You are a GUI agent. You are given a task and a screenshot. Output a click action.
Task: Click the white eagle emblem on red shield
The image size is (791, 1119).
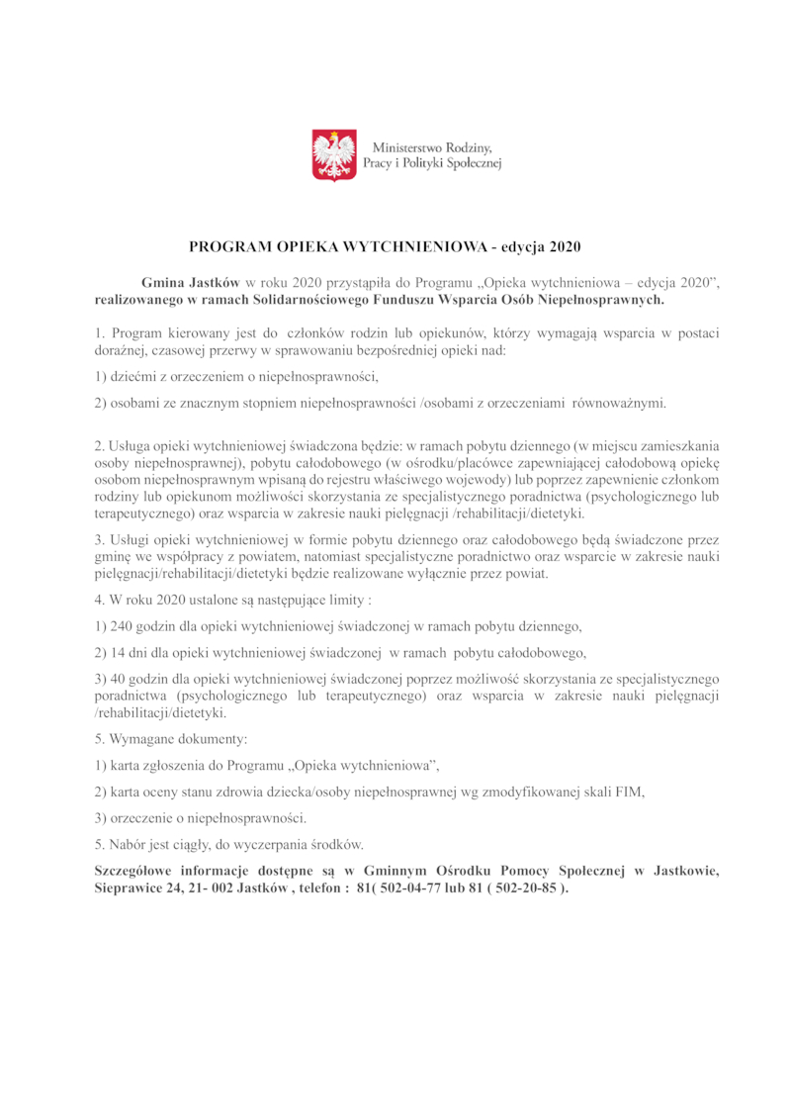pyautogui.click(x=334, y=155)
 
